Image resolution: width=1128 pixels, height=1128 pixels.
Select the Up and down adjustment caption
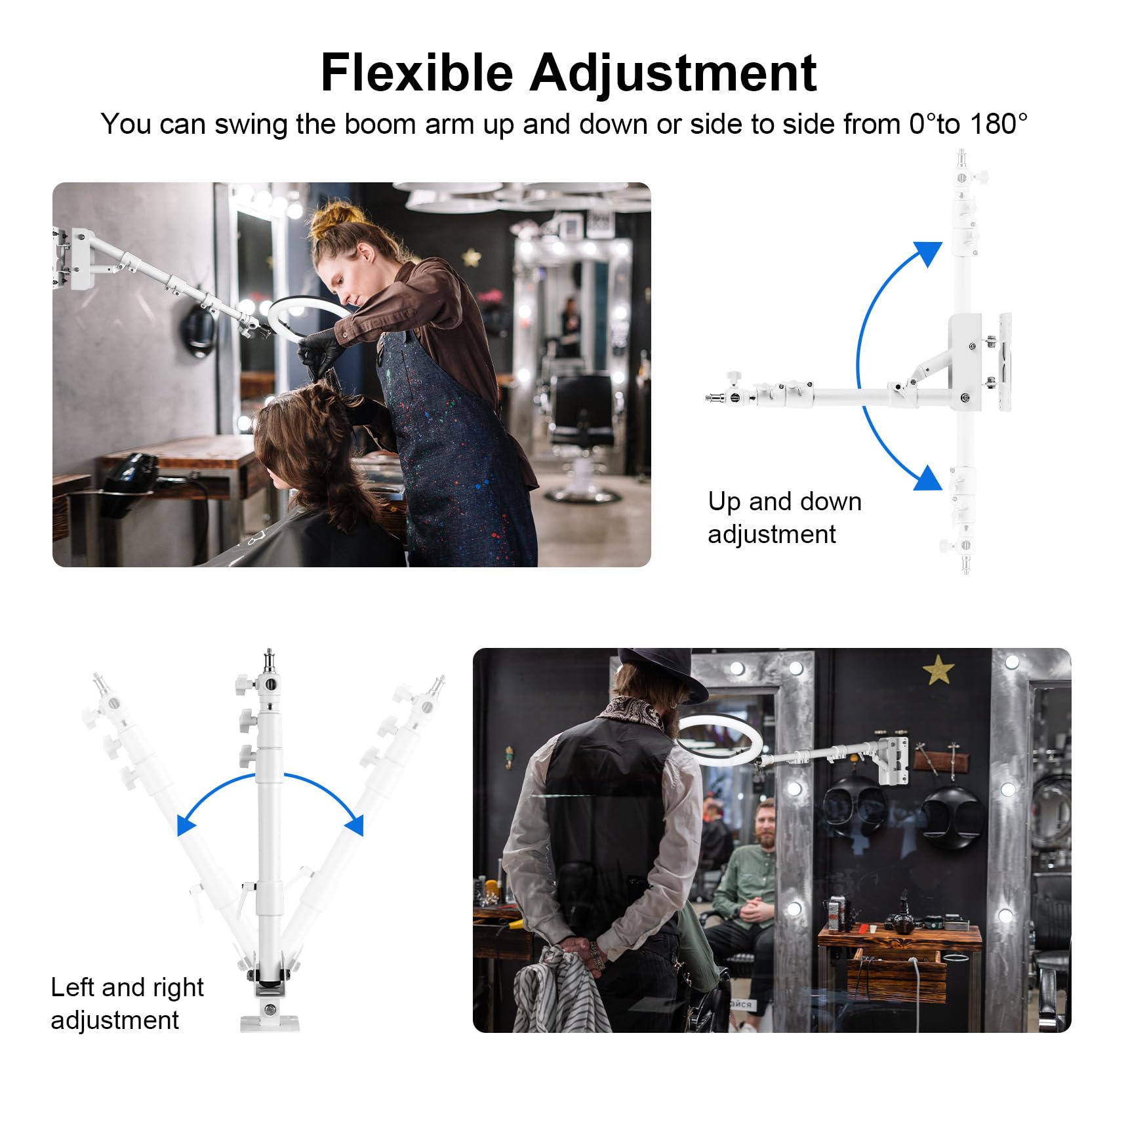784,517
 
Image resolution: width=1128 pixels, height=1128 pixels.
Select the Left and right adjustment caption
127,1003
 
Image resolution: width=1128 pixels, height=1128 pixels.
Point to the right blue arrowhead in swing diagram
354,825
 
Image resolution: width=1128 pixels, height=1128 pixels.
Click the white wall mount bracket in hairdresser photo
75,259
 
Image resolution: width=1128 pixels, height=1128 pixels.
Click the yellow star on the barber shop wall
938,670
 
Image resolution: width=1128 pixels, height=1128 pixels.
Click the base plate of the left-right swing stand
270,1023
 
